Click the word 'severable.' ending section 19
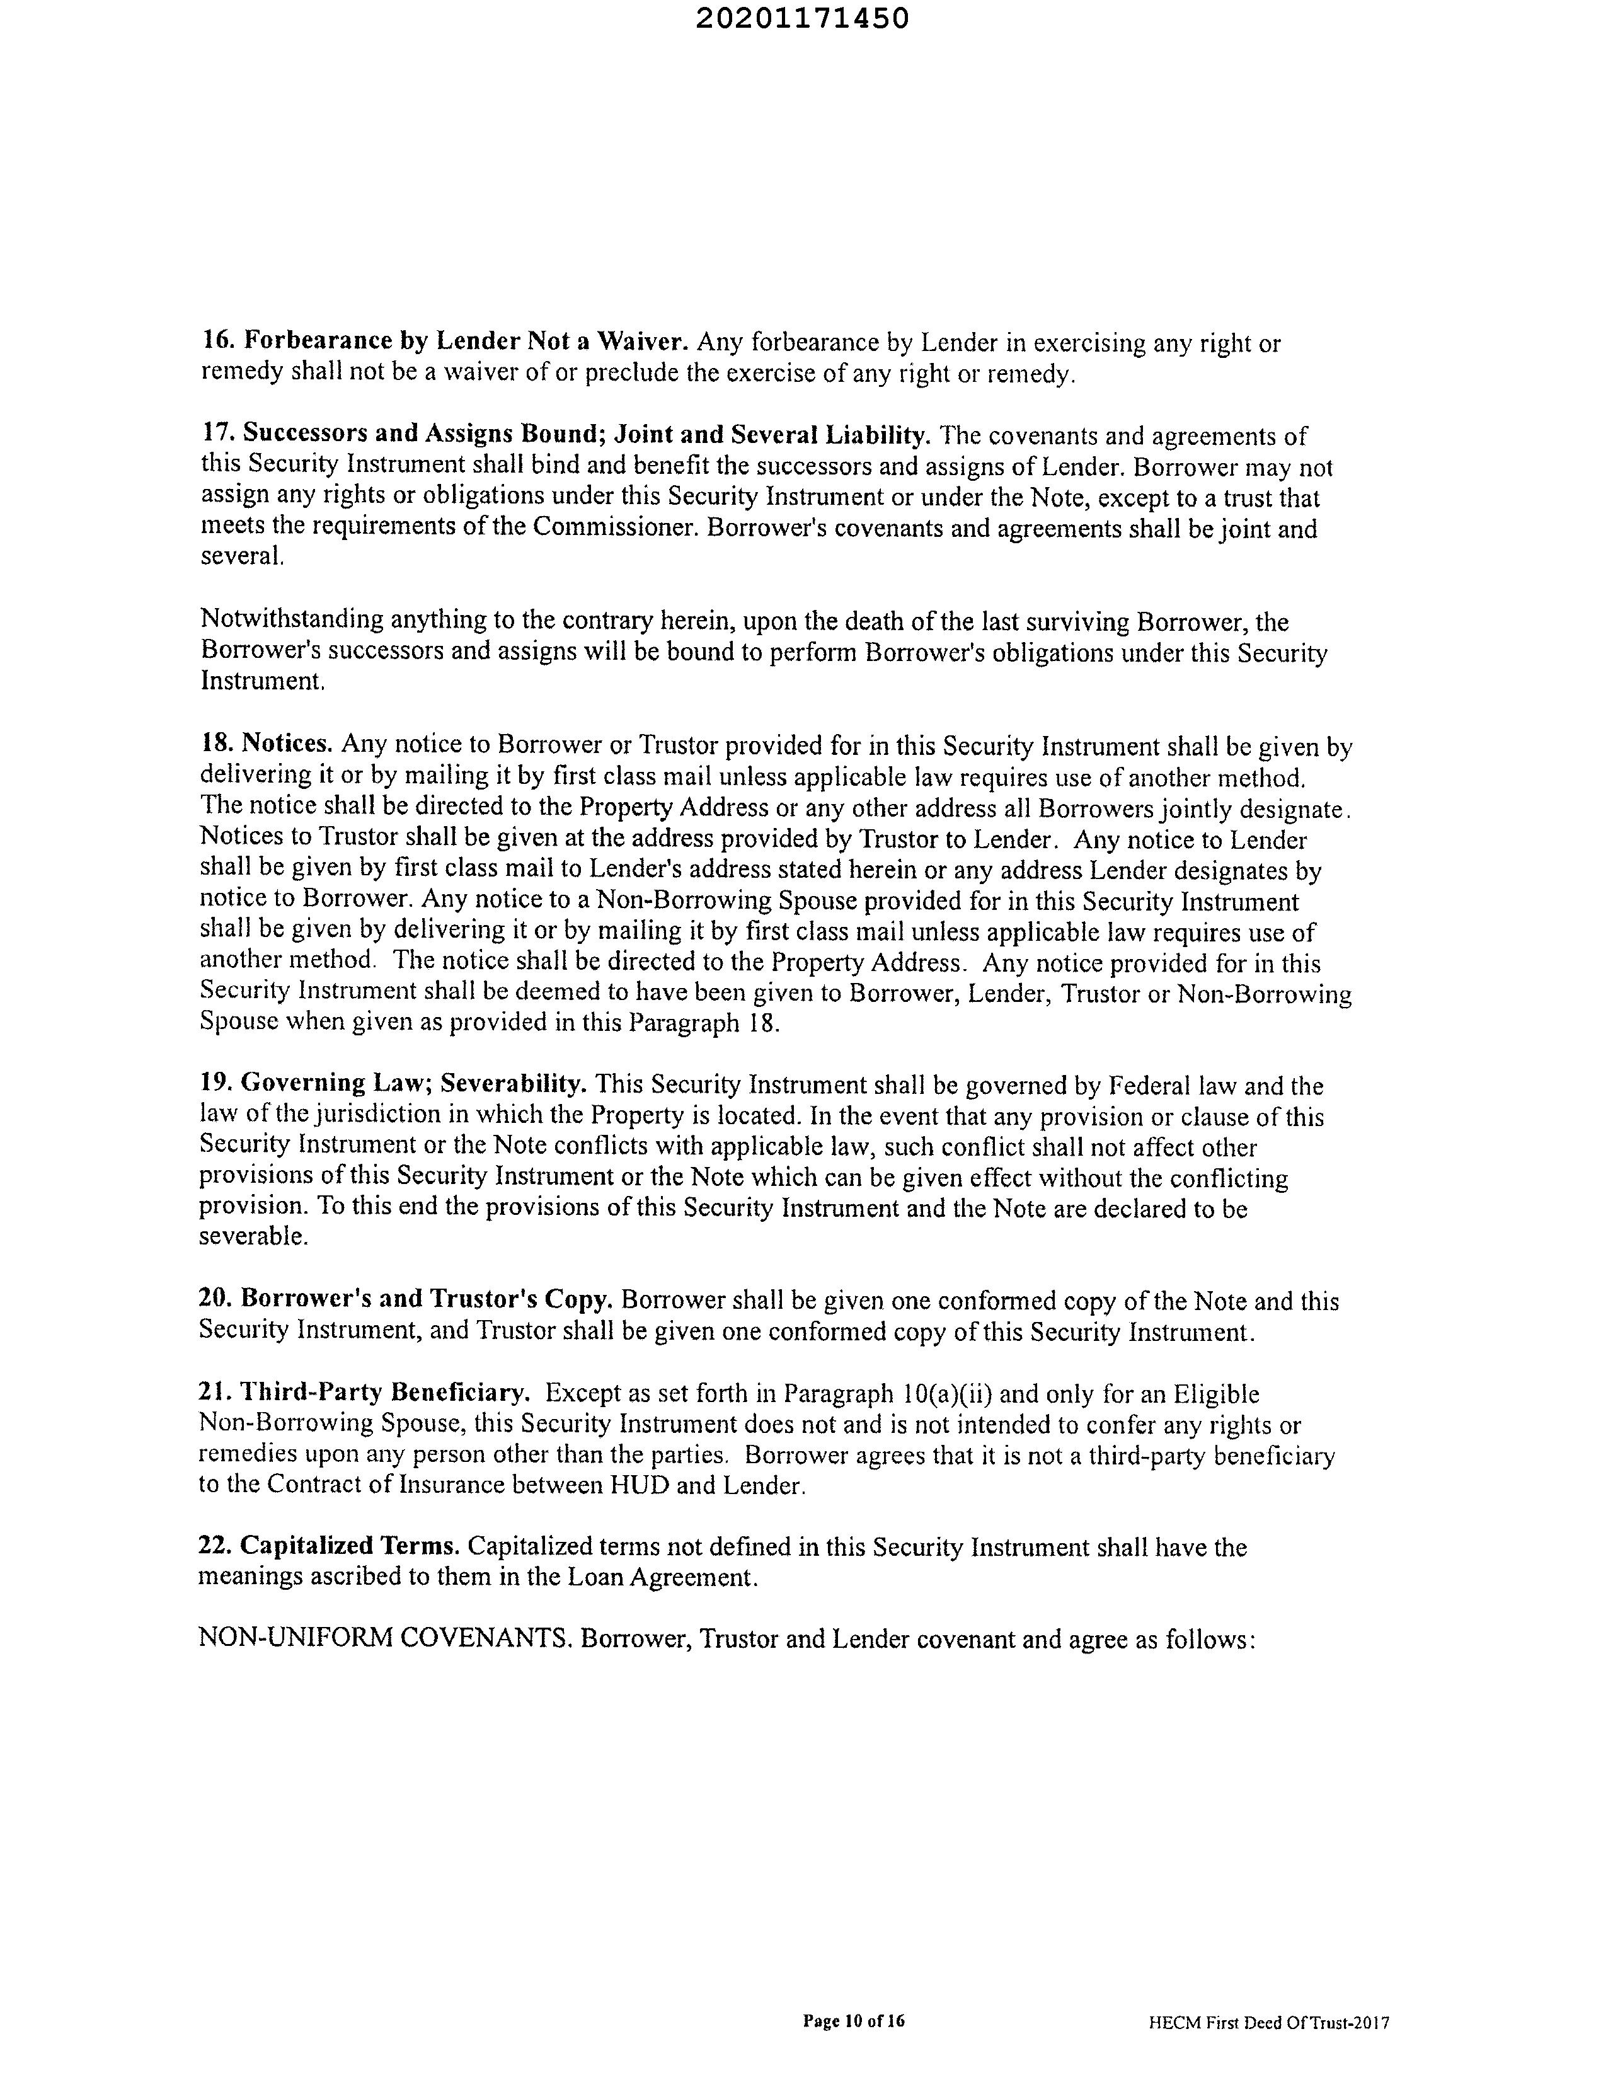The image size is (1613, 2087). tap(241, 1236)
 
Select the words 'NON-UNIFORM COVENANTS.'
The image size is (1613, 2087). tap(385, 1640)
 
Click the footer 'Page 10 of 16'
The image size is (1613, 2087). tap(853, 2021)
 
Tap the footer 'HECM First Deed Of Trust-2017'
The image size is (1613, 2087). tap(1269, 2023)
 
